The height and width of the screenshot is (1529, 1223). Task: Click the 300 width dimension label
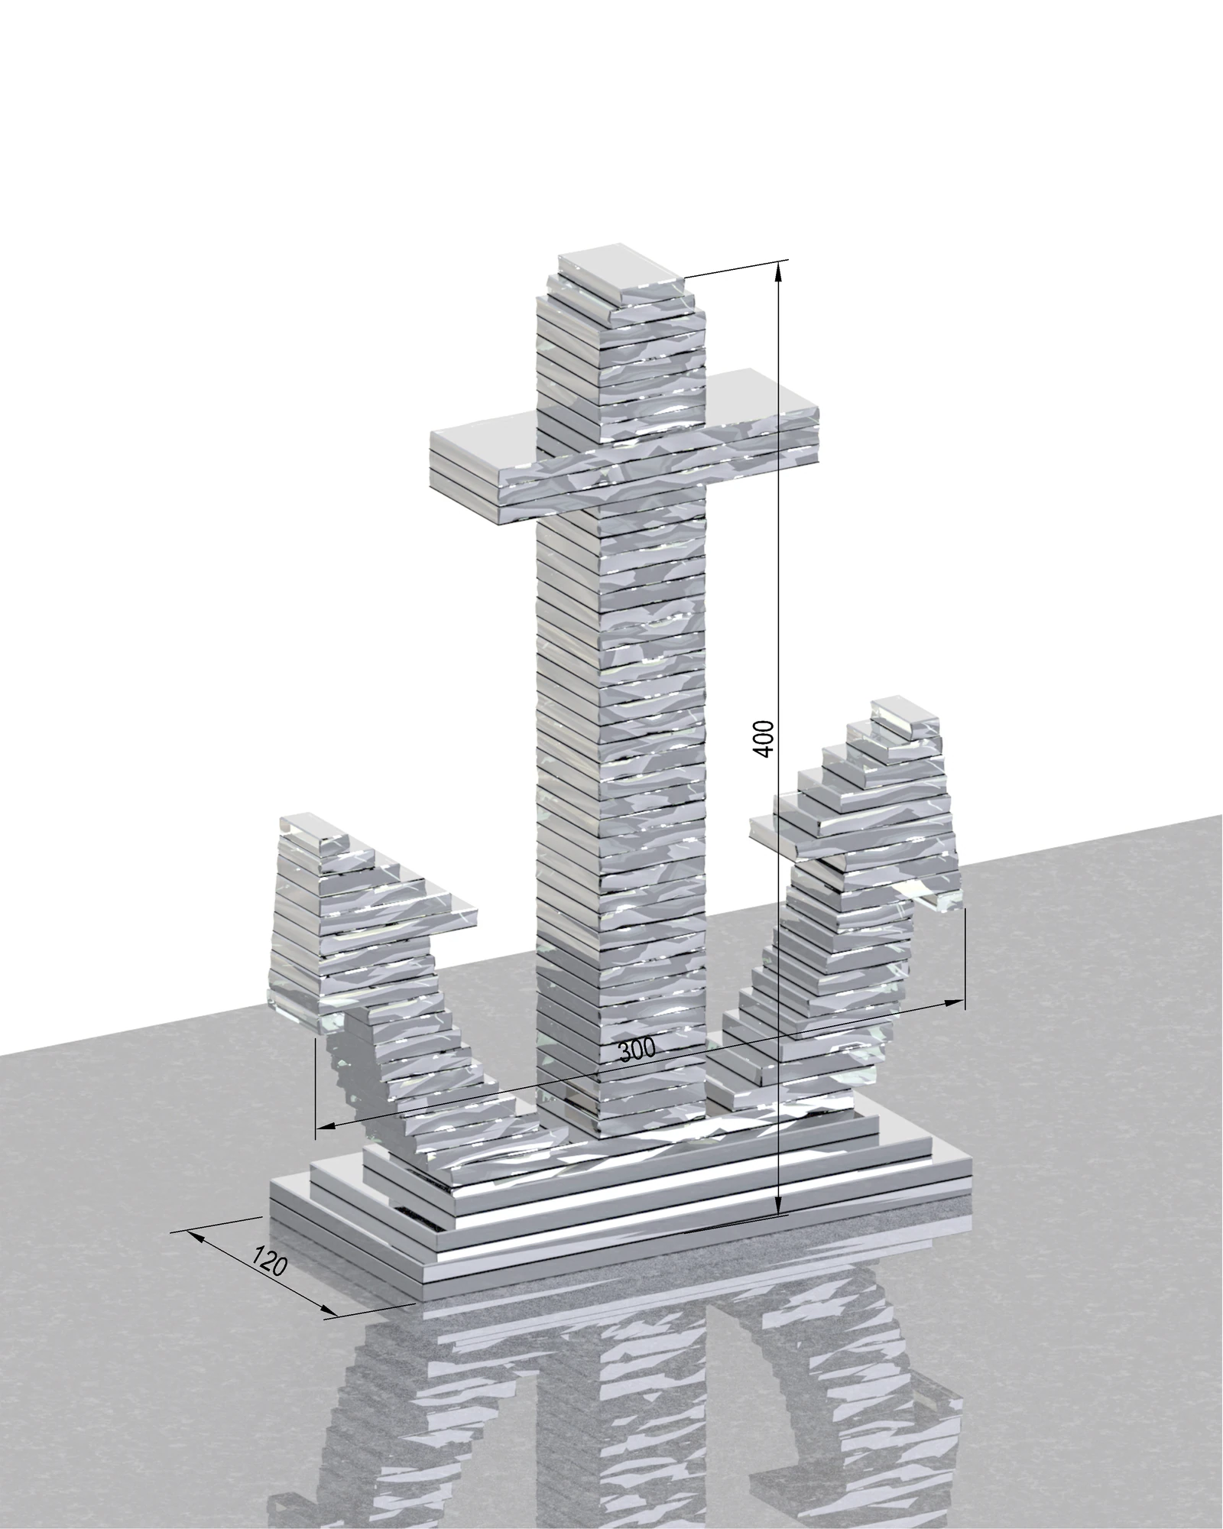[637, 1051]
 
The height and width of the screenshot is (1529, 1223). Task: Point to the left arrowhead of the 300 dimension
[326, 1125]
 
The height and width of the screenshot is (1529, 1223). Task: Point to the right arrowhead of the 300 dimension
[954, 1002]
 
